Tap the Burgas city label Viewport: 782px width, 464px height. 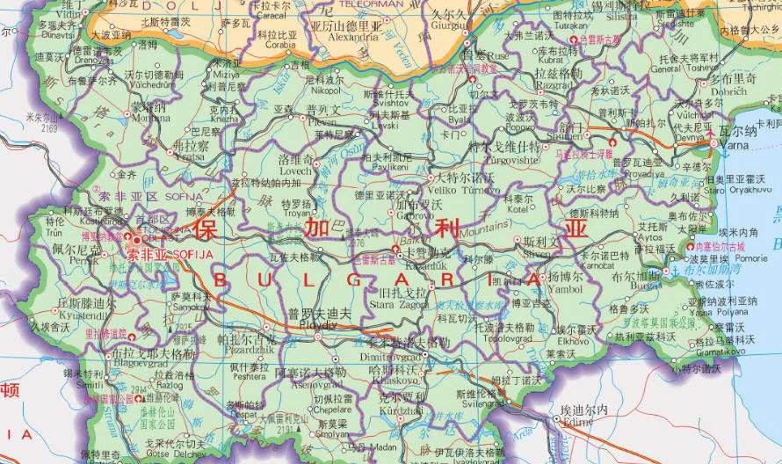tap(645, 285)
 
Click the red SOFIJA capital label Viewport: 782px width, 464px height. tap(170, 252)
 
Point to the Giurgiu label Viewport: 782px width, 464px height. tap(451, 25)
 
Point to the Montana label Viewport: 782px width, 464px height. tap(150, 118)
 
